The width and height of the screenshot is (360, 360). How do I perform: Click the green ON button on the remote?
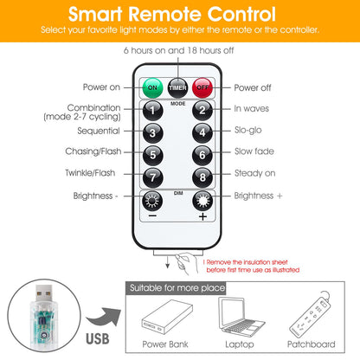click(x=152, y=87)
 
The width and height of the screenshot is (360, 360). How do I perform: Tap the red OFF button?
click(x=202, y=87)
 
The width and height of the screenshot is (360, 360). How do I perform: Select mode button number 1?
click(x=153, y=110)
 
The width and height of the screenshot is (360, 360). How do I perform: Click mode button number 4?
click(x=202, y=132)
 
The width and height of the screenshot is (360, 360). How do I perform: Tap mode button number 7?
click(x=153, y=177)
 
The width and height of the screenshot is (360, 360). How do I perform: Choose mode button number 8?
click(x=202, y=177)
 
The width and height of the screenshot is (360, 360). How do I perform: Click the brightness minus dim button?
click(x=152, y=201)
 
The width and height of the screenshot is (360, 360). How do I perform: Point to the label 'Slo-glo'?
click(x=248, y=130)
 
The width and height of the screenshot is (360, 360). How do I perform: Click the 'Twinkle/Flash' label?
click(x=90, y=173)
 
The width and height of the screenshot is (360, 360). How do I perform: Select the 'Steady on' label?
click(x=255, y=173)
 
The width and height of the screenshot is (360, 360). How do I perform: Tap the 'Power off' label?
click(x=253, y=87)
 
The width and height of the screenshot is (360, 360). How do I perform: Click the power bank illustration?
click(x=167, y=317)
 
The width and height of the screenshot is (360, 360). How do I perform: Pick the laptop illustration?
click(x=241, y=317)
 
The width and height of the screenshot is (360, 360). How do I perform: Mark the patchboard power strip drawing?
click(x=310, y=314)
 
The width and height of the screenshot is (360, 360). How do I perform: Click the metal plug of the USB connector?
click(x=44, y=293)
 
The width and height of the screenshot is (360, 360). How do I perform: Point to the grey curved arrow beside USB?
click(x=104, y=317)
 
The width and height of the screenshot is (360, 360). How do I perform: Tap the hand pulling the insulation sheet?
click(x=186, y=263)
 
